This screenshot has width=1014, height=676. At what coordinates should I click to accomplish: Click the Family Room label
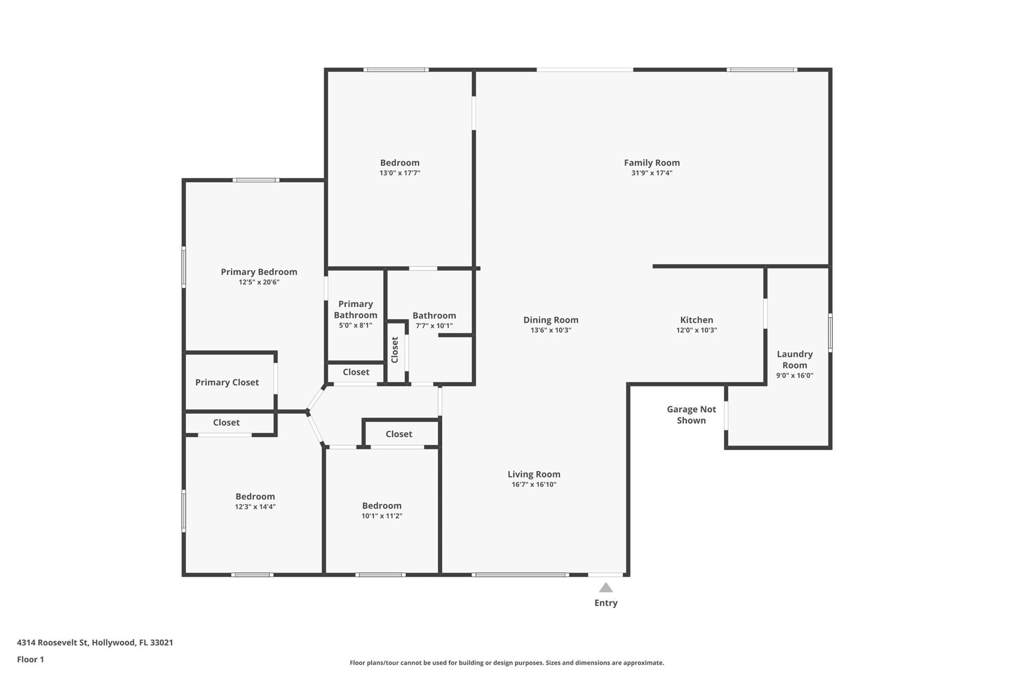point(652,162)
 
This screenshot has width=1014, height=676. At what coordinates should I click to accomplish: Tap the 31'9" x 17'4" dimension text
point(652,173)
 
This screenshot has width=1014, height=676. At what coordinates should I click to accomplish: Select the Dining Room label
point(551,320)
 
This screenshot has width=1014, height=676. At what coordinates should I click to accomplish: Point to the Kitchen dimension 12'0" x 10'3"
point(697,330)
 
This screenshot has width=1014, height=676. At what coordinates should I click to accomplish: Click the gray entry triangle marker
point(606,588)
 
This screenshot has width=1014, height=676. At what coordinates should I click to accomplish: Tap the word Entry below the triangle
point(606,603)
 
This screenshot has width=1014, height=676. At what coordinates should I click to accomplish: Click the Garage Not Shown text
point(691,415)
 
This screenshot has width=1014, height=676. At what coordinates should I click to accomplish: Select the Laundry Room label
point(795,360)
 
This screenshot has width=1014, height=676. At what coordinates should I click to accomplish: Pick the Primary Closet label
point(227,382)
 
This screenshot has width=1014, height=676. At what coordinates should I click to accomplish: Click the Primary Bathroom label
point(355,310)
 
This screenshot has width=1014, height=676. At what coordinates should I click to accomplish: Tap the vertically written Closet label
point(395,350)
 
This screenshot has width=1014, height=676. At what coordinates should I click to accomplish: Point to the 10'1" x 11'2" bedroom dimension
point(382,516)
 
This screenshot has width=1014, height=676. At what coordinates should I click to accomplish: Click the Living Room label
point(534,474)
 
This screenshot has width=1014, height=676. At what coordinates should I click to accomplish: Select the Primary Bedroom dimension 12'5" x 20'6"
point(259,282)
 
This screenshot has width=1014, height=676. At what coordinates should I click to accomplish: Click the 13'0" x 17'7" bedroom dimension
point(400,173)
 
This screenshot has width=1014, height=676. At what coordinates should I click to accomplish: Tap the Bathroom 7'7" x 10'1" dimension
point(434,326)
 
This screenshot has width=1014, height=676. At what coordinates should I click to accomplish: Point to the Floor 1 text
point(30,660)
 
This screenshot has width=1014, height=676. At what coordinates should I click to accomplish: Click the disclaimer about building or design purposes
point(507,663)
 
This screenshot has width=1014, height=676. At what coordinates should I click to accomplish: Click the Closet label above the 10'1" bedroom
point(399,434)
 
